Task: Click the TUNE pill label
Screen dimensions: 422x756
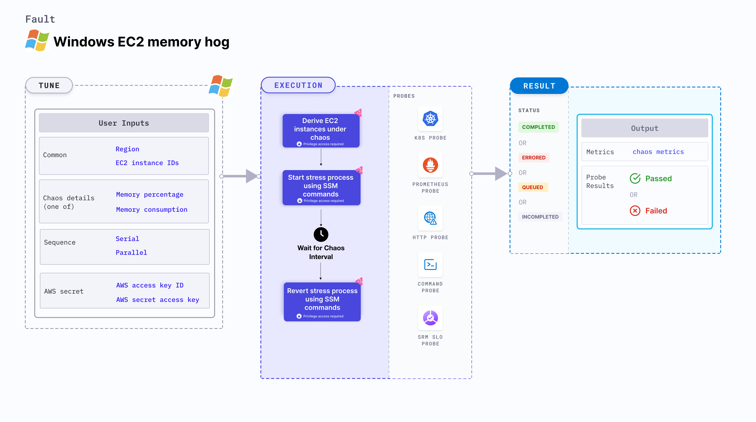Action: (49, 86)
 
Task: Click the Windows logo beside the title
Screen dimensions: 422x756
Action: (37, 41)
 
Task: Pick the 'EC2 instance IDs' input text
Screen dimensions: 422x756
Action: (147, 163)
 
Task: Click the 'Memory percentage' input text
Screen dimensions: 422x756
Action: (150, 195)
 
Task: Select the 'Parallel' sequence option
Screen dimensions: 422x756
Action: (131, 253)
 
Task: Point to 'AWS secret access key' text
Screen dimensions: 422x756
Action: (158, 300)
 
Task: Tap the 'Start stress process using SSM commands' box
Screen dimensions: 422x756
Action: (321, 187)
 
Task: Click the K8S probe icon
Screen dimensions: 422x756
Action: (430, 119)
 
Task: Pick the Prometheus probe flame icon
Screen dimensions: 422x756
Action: (430, 165)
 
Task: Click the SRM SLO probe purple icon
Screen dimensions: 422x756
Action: (430, 318)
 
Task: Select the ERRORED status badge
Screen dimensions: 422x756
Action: (534, 158)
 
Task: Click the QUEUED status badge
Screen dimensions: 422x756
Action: (532, 187)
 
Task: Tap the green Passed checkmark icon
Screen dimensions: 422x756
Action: (635, 178)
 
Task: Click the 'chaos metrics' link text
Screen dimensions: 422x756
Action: (658, 152)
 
